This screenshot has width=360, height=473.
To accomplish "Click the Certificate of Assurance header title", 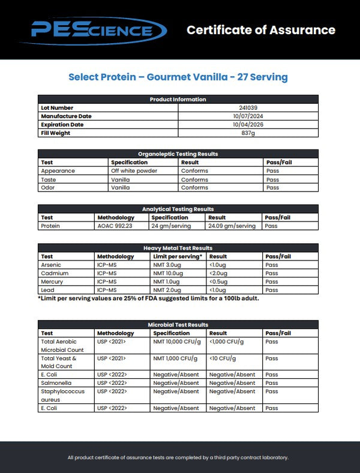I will tap(260, 30).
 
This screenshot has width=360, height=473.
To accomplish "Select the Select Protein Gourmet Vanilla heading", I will tap(178, 77).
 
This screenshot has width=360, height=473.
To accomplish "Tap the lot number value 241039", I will tap(248, 108).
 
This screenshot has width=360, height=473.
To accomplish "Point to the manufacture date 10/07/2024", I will tap(248, 116).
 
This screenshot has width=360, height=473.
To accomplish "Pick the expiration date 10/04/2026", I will tap(248, 125).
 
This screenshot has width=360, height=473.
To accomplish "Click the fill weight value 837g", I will tap(248, 133).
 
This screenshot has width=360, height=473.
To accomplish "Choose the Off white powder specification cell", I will tap(134, 171).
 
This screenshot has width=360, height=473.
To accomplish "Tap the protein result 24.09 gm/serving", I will tap(232, 226).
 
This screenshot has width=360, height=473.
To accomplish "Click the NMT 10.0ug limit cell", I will tap(167, 273).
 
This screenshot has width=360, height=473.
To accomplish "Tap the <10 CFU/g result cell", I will tap(221, 358).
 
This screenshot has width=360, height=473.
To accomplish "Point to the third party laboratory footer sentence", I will tap(178, 457).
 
